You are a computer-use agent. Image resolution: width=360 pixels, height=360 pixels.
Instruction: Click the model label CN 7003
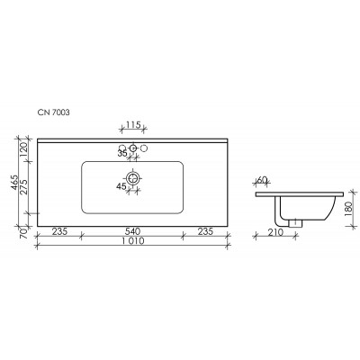pyautogui.click(x=53, y=112)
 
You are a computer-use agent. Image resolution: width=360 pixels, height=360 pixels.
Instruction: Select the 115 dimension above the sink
pyautogui.click(x=133, y=124)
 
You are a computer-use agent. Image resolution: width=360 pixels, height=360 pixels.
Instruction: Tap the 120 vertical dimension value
pyautogui.click(x=23, y=149)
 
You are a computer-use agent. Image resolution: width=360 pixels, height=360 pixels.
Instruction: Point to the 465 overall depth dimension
pyautogui.click(x=14, y=183)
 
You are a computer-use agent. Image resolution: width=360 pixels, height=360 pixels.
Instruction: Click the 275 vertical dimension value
pyautogui.click(x=23, y=187)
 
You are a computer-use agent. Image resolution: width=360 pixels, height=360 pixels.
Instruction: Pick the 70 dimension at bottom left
pyautogui.click(x=23, y=232)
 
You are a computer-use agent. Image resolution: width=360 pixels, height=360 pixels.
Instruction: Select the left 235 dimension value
pyautogui.click(x=59, y=231)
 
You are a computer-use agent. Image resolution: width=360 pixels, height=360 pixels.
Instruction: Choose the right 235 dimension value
pyautogui.click(x=205, y=231)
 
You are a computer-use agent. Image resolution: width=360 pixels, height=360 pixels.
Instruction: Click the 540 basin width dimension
pyautogui.click(x=132, y=231)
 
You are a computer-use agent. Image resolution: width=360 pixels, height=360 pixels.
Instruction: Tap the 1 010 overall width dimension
pyautogui.click(x=132, y=241)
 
